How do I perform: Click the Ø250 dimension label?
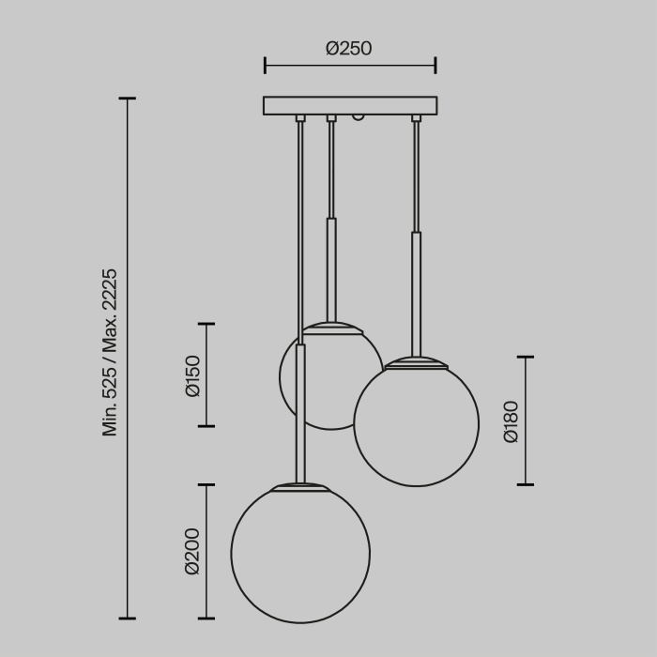(349, 49)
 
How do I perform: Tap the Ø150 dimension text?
(193, 375)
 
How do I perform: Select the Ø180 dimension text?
(512, 421)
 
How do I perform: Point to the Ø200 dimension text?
(192, 551)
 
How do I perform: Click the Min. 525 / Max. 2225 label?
(110, 352)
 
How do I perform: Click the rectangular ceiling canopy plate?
(350, 105)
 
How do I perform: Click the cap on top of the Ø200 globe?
(301, 488)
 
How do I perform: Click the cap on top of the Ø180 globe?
(416, 361)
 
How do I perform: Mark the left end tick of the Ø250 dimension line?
(266, 65)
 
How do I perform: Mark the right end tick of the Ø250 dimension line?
(435, 65)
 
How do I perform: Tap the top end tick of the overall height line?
(129, 98)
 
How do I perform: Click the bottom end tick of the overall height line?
(129, 619)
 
